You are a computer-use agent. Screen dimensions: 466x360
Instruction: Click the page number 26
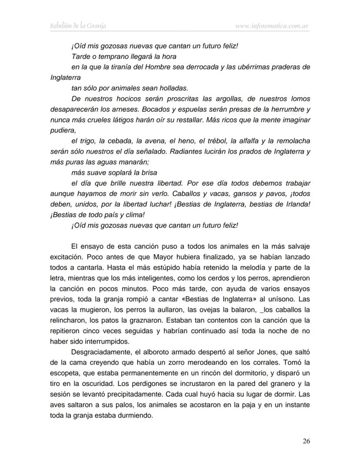click(x=306, y=441)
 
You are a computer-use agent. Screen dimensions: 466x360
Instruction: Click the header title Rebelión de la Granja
click(x=78, y=26)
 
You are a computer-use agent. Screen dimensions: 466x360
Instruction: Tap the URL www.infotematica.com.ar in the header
click(x=272, y=26)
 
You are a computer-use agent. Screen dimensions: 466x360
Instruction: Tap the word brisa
click(x=148, y=172)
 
